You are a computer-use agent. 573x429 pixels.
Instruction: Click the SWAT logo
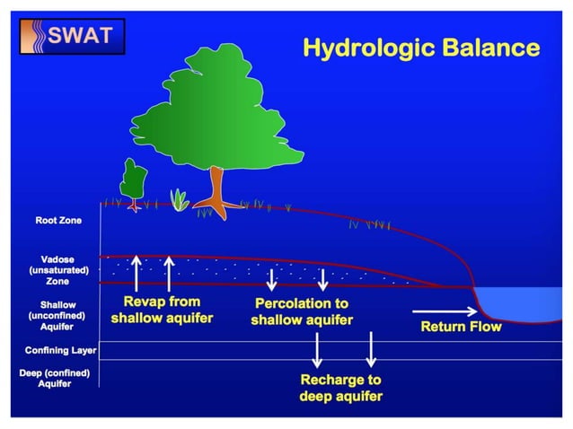tap(73, 36)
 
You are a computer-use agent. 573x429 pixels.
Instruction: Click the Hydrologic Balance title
tap(420, 48)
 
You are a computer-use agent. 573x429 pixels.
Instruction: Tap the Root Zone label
tap(59, 220)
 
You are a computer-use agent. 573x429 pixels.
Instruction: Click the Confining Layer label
tap(60, 350)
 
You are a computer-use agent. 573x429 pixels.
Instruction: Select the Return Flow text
tap(461, 327)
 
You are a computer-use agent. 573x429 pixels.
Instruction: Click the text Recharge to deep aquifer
tap(340, 388)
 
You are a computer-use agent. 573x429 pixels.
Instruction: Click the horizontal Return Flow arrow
tap(440, 311)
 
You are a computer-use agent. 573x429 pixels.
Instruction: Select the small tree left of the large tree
tap(134, 179)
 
